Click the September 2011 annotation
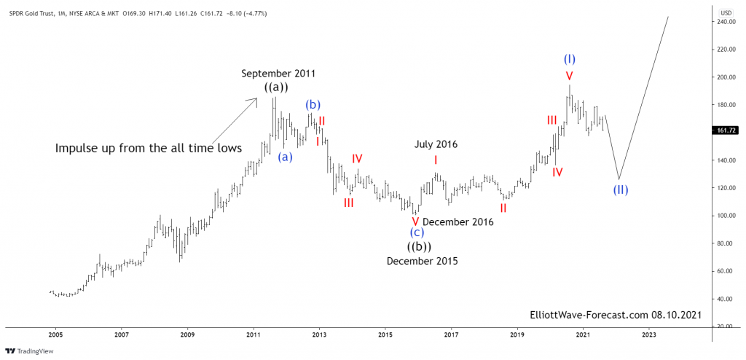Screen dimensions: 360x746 coord(278,74)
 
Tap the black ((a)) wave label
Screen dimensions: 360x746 coord(276,87)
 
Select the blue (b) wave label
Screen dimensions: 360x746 coord(313,104)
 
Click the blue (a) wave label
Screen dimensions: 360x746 coord(286,156)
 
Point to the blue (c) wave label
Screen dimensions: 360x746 coord(417,232)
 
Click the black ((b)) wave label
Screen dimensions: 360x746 coord(420,246)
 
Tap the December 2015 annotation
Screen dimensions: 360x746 coord(423,261)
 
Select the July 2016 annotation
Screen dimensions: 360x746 coord(436,144)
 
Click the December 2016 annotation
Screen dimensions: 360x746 coord(458,222)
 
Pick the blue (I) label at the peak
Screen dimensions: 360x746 coord(570,58)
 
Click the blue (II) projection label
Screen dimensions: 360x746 coord(619,190)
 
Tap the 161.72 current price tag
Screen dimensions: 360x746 coord(726,130)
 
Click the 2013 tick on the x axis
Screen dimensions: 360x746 coord(319,334)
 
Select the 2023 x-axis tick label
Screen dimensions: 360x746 coord(649,334)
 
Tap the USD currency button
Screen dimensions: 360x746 coord(726,12)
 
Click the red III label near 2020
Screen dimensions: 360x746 coord(552,120)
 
